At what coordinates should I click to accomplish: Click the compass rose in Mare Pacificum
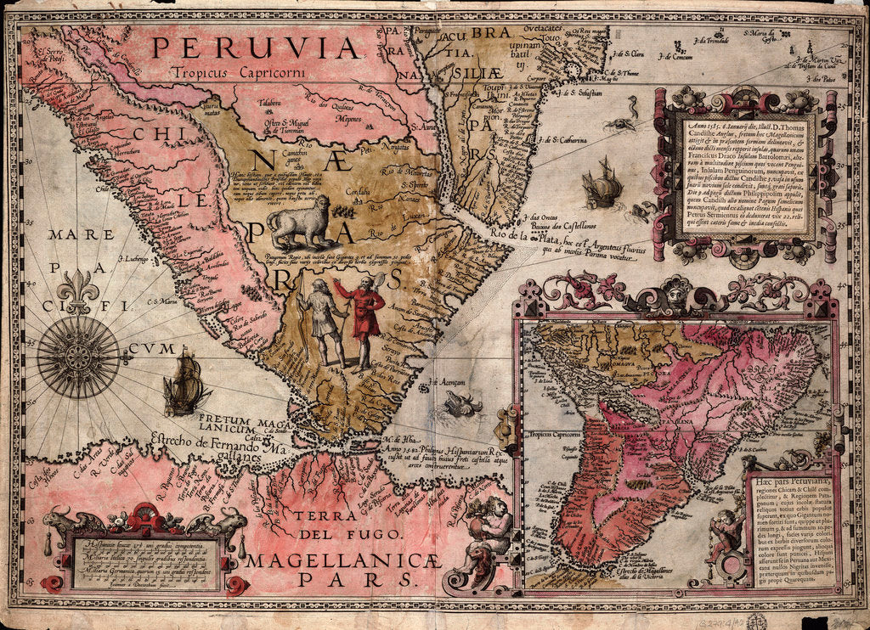coord(78,357)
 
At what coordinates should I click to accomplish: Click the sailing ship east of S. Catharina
coord(602,183)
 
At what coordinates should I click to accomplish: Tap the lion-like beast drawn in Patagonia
coord(299,222)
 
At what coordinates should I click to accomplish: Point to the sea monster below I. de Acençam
coord(462,404)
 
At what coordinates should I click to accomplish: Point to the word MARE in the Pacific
coord(74,234)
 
